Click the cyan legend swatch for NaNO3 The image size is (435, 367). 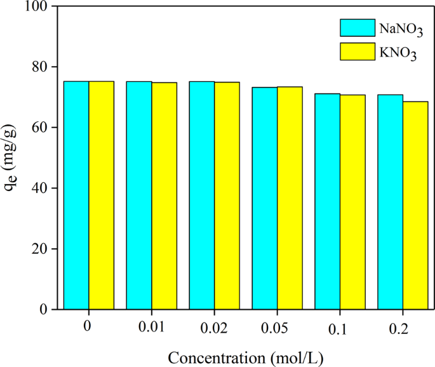[358, 27]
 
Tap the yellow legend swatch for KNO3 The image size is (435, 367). [358, 52]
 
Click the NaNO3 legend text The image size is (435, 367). [401, 29]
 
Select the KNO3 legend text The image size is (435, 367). [399, 54]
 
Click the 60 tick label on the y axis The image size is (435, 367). [43, 128]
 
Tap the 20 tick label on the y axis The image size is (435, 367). [43, 249]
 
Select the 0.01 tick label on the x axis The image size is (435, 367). [151, 328]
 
